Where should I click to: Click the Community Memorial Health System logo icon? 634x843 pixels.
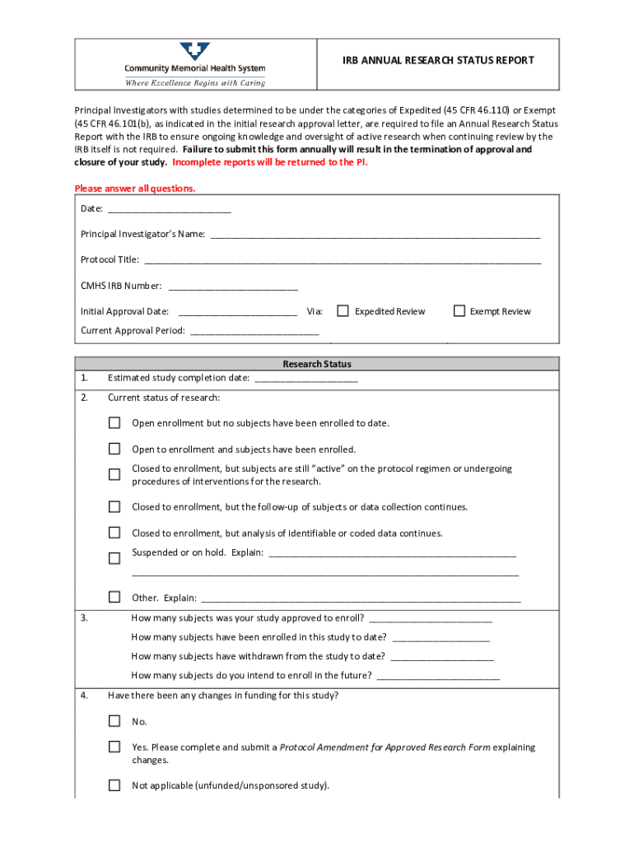click(x=195, y=51)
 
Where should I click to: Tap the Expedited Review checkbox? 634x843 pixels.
click(x=343, y=311)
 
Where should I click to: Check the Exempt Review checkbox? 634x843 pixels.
click(x=459, y=311)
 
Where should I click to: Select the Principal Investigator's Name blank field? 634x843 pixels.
click(x=375, y=235)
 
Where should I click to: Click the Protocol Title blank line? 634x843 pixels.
click(x=343, y=260)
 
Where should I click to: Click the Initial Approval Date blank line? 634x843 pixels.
click(x=237, y=312)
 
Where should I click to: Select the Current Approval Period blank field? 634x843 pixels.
click(x=254, y=331)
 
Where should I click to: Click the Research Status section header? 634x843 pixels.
click(x=317, y=364)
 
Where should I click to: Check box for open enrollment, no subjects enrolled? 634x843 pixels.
click(x=114, y=423)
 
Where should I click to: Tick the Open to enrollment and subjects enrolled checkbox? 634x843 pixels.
click(x=114, y=449)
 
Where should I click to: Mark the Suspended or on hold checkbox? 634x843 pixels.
click(x=114, y=558)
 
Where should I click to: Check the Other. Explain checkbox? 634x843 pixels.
click(x=114, y=597)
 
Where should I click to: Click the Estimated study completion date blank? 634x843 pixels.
click(x=306, y=379)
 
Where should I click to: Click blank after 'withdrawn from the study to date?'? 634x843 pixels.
click(x=442, y=657)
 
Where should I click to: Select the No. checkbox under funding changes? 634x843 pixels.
click(x=114, y=721)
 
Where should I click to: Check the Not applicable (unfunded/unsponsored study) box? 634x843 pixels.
click(x=114, y=785)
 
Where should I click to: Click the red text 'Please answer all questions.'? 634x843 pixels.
click(x=135, y=189)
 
